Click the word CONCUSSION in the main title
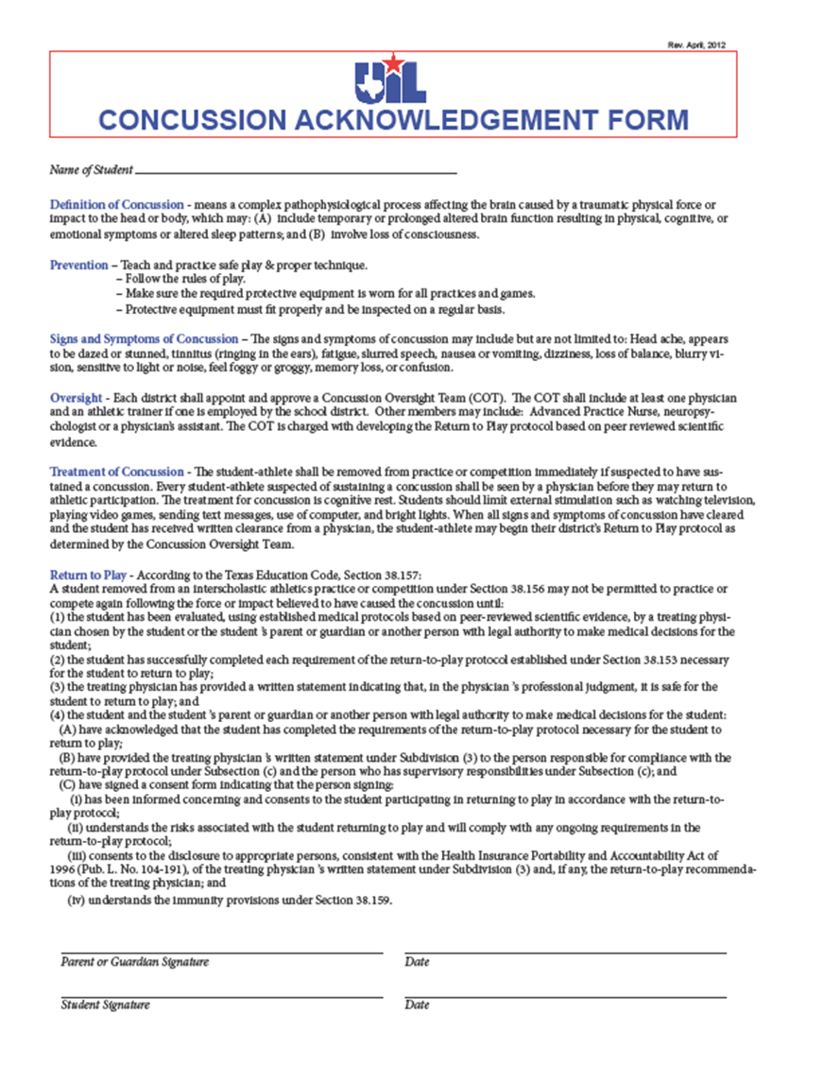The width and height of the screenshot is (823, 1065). click(191, 120)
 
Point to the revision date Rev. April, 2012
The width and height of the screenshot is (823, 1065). click(695, 44)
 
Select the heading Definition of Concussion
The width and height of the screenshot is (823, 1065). click(116, 205)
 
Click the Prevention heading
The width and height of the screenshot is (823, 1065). click(78, 265)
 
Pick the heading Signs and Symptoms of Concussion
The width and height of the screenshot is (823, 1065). click(144, 338)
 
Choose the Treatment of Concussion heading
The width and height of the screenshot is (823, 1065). click(116, 472)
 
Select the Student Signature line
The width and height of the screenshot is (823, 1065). click(222, 995)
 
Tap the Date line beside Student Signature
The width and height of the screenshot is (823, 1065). click(565, 995)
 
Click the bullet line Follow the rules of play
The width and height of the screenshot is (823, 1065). click(181, 279)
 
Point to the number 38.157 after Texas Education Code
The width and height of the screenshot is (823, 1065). click(413, 575)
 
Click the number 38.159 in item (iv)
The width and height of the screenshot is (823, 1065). click(370, 901)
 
